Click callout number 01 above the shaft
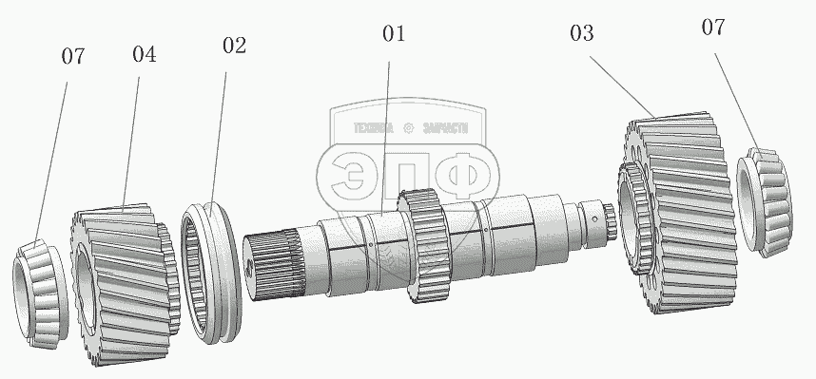(394, 34)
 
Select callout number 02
(234, 46)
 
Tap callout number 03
(581, 33)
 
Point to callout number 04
(145, 54)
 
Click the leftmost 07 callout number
(73, 56)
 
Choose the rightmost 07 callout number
(713, 27)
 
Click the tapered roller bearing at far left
(40, 294)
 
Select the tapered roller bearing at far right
(765, 202)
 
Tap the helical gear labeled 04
(125, 283)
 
